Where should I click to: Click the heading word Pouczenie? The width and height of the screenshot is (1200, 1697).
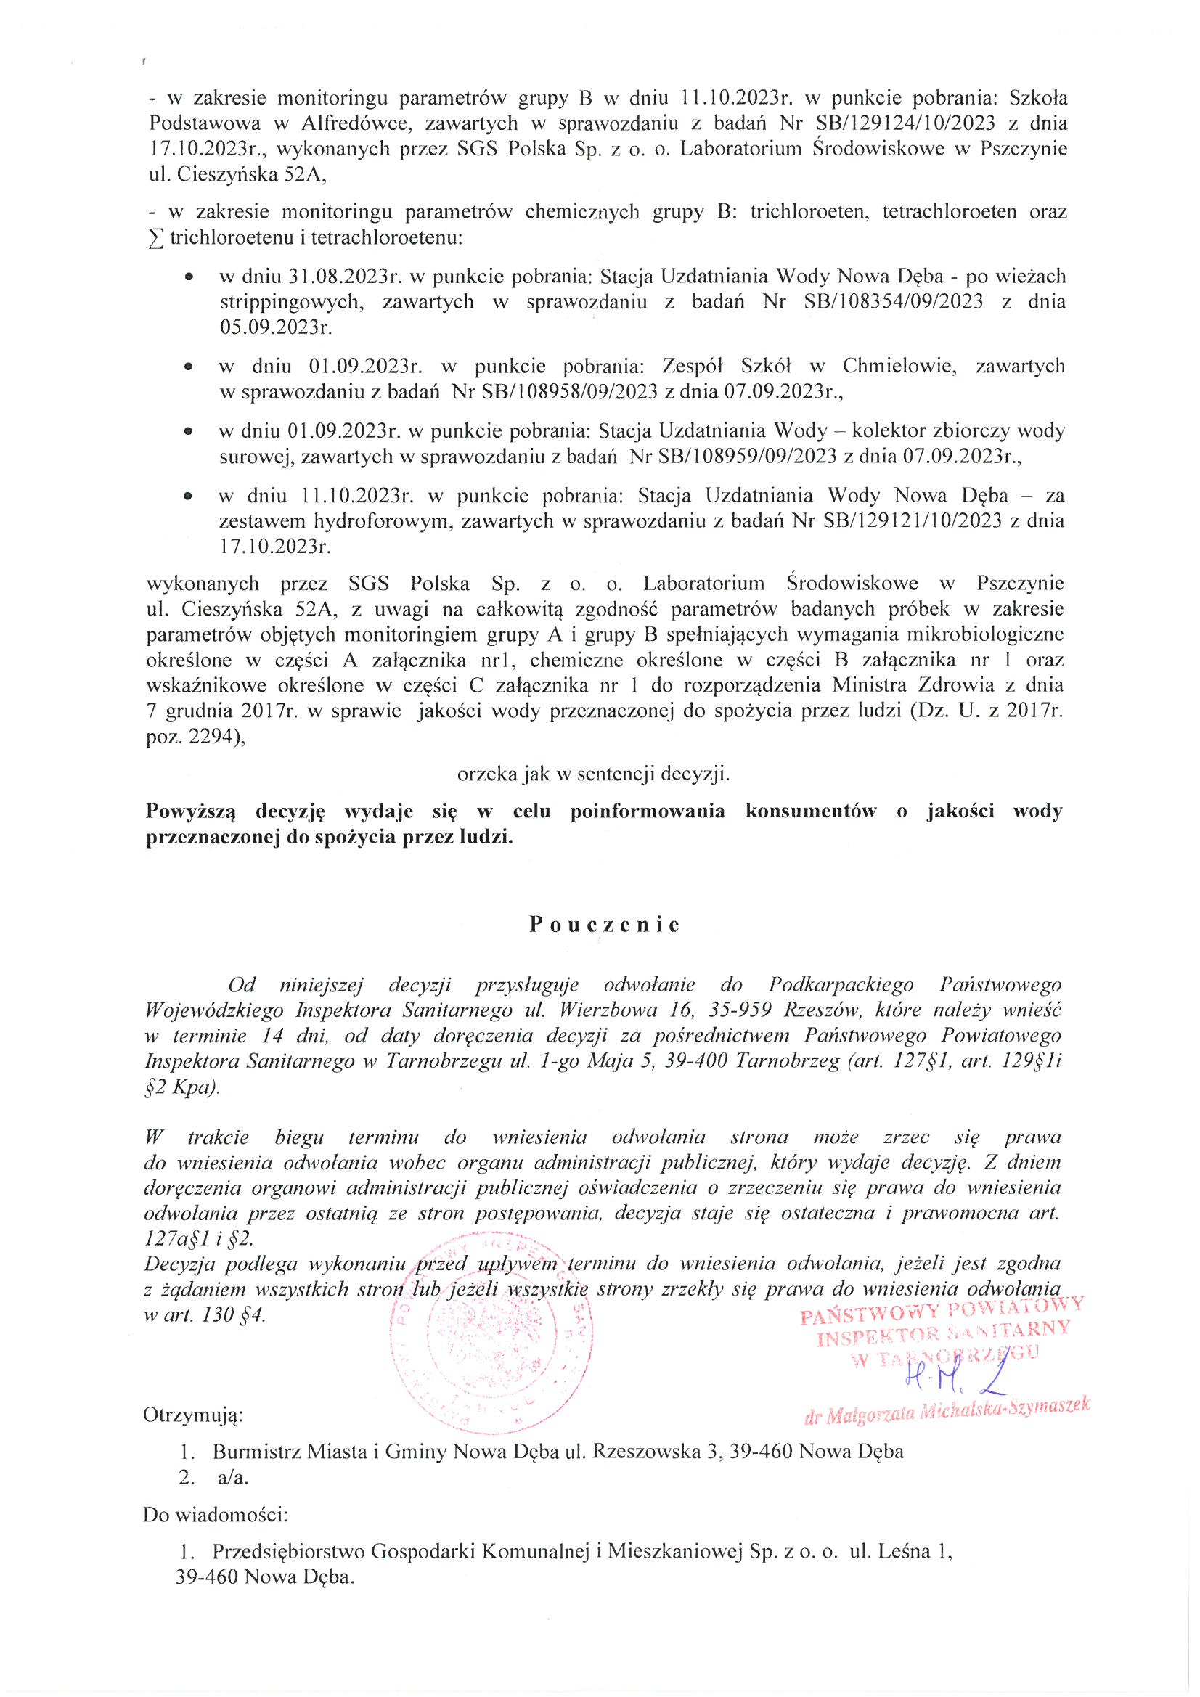click(604, 925)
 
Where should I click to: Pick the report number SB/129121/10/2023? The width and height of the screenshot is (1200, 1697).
click(912, 521)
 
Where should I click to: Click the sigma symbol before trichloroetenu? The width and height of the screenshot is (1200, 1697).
click(156, 239)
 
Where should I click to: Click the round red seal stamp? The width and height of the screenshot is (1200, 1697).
click(491, 1338)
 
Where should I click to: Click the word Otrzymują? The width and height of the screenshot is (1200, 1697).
click(193, 1415)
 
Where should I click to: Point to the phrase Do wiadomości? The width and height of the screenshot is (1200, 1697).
click(215, 1514)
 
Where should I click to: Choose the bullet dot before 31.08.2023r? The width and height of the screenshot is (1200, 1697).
click(190, 277)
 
